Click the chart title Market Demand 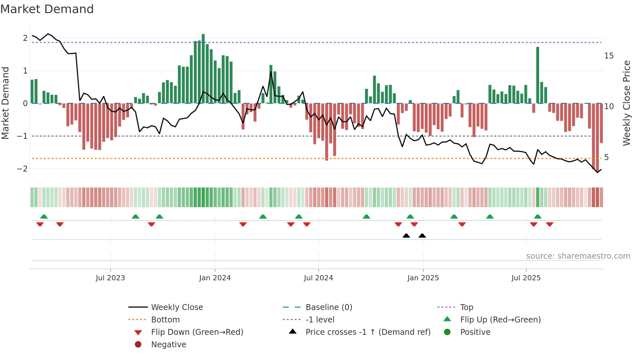tap(47, 9)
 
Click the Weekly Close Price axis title tap(626, 103)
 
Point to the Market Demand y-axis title tap(5, 103)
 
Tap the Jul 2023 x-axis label tap(110, 278)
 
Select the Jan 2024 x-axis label tap(215, 278)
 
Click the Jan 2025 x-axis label tap(423, 278)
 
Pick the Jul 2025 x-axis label tap(526, 278)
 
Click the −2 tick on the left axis tap(22, 169)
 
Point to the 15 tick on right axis tap(609, 56)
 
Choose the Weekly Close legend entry tap(177, 307)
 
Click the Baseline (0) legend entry tap(328, 307)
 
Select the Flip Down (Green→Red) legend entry tap(197, 332)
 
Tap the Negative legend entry tap(168, 345)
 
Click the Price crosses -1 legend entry tap(368, 332)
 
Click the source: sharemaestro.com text tap(578, 256)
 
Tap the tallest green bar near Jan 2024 tap(203, 69)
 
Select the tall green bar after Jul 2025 tap(537, 75)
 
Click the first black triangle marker tap(406, 236)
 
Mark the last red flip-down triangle tap(550, 224)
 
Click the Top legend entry tap(466, 307)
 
